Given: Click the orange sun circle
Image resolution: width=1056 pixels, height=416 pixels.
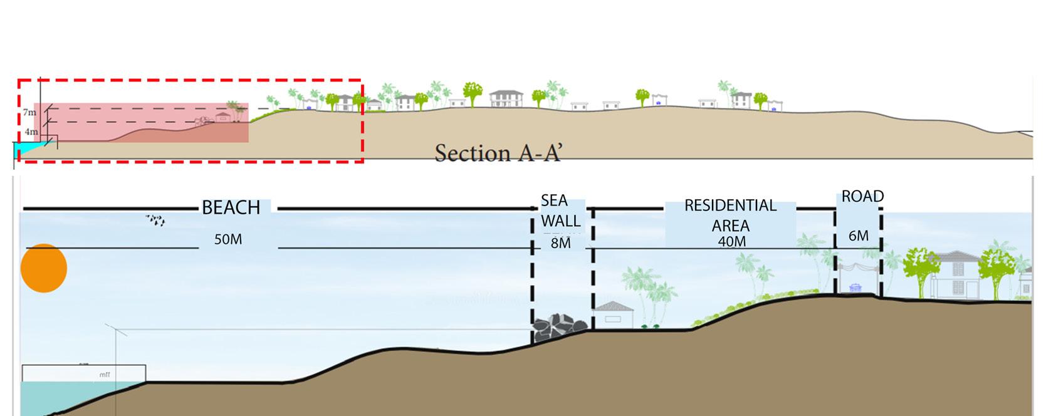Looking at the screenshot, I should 44,268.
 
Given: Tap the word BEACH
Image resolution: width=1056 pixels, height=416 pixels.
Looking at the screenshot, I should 231,207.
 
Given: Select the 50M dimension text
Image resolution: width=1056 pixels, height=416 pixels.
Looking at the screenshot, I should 228,239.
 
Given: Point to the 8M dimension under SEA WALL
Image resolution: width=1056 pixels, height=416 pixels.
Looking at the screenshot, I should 560,243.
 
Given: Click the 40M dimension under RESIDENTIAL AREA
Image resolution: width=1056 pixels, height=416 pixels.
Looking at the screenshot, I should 731,241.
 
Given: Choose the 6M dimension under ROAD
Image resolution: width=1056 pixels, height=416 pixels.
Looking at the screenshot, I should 858,236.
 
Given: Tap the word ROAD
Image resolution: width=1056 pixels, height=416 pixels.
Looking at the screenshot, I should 862,196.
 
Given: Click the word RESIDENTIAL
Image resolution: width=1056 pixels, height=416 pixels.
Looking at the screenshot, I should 730,205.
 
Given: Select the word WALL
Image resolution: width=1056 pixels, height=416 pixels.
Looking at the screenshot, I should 560,221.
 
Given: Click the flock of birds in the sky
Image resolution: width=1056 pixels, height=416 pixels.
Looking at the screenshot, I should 155,219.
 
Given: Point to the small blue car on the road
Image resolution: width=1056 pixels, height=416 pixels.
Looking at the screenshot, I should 854,288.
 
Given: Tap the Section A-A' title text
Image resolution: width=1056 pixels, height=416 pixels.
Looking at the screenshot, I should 498,153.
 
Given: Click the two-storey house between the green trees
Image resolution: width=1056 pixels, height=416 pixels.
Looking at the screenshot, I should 954,276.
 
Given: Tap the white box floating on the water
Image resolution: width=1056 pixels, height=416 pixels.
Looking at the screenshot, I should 83,373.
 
